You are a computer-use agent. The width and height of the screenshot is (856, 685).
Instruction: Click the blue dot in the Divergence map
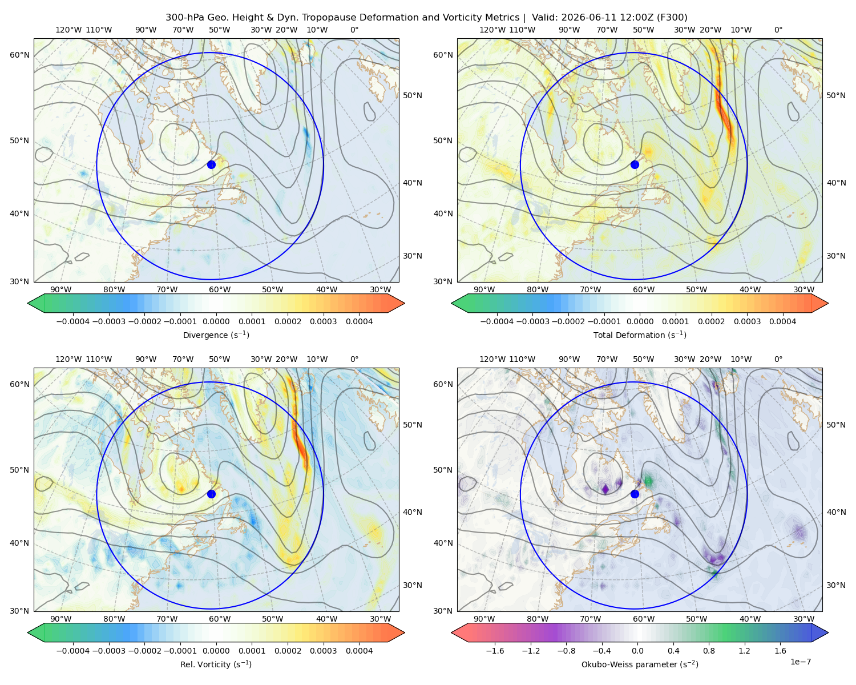[211, 164]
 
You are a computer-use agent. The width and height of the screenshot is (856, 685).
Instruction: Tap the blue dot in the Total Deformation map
[635, 164]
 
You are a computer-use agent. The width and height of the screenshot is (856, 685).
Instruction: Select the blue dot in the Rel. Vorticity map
[211, 494]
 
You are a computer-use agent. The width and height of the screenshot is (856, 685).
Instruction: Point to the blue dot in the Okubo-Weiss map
[635, 494]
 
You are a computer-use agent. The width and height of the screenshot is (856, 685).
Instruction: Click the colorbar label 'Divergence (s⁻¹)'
[216, 335]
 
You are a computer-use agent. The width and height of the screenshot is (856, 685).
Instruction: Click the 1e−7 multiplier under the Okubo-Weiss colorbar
[800, 662]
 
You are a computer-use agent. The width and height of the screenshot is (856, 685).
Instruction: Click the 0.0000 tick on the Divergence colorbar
[216, 321]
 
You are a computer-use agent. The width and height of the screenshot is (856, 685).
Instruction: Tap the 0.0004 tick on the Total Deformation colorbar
[782, 321]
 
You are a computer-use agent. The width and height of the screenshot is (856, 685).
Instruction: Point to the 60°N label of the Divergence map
[19, 55]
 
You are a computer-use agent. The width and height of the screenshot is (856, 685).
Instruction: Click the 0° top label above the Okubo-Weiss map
[778, 359]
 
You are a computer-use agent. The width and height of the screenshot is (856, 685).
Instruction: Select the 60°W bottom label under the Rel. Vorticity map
[220, 619]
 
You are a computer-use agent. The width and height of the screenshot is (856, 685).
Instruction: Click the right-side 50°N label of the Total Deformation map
[836, 95]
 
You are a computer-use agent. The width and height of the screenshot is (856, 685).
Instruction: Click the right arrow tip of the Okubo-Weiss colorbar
[828, 632]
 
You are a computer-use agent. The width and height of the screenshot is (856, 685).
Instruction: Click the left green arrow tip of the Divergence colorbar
[28, 303]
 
